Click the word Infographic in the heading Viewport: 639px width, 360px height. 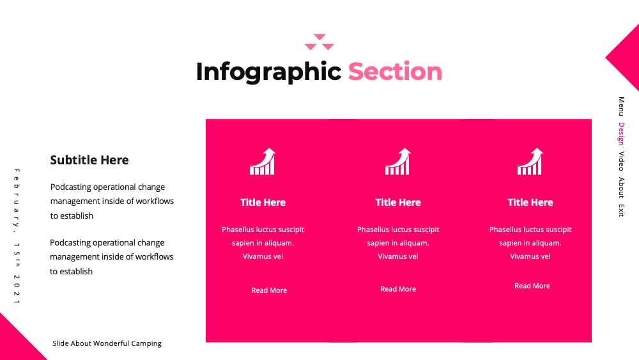[x=268, y=72]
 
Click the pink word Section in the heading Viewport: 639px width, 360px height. [x=395, y=72]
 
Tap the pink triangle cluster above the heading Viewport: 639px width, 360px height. [x=319, y=42]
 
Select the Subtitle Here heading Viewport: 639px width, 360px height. [x=89, y=160]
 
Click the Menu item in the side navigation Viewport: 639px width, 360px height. [x=621, y=106]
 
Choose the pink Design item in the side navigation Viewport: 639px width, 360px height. [x=621, y=134]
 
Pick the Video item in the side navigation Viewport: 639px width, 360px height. [x=621, y=161]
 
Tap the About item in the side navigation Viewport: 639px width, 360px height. [x=621, y=187]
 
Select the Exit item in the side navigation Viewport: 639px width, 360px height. [x=621, y=210]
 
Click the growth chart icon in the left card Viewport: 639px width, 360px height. [x=263, y=161]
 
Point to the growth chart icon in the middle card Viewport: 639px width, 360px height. [x=397, y=161]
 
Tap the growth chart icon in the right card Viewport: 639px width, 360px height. [x=530, y=161]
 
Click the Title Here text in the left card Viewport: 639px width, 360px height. [x=263, y=202]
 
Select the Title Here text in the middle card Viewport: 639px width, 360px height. [x=398, y=202]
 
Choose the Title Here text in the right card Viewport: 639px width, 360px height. [x=530, y=202]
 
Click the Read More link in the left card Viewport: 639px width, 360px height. [x=269, y=290]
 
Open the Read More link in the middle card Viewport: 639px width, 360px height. [x=398, y=289]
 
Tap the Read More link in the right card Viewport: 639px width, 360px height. [x=532, y=286]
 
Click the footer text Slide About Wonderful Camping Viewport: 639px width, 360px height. [x=107, y=343]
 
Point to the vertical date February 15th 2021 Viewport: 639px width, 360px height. [x=17, y=236]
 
